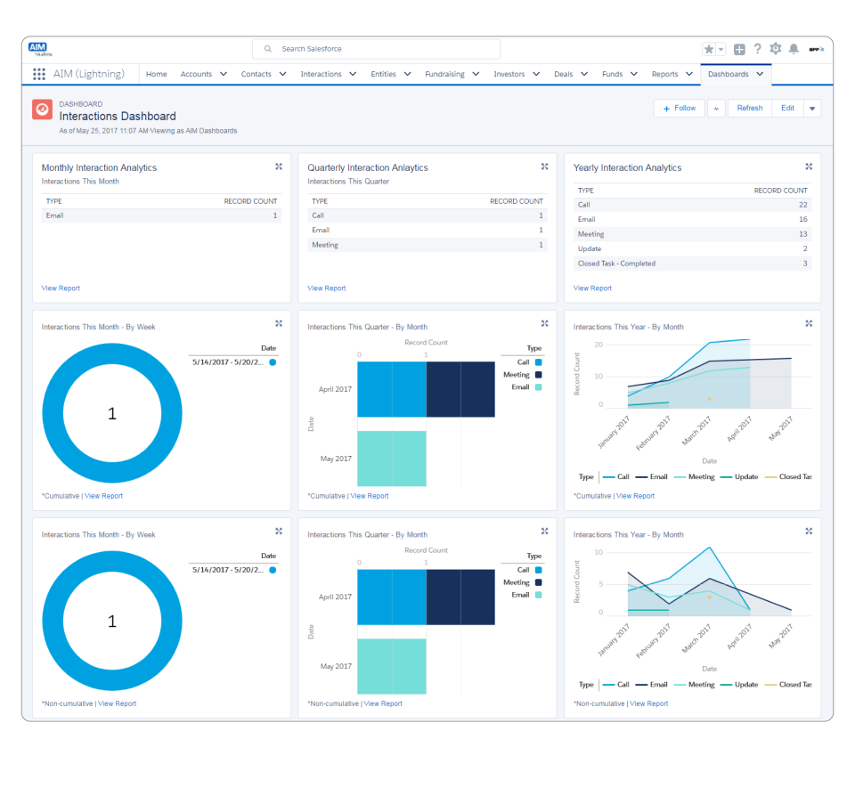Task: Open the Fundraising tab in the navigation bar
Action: pyautogui.click(x=444, y=74)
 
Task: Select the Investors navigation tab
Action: pyautogui.click(x=509, y=74)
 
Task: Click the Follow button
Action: pyautogui.click(x=680, y=108)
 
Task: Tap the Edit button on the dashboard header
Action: pyautogui.click(x=787, y=108)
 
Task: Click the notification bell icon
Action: pyautogui.click(x=794, y=49)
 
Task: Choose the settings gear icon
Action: pyautogui.click(x=775, y=49)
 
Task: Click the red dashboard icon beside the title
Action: pyautogui.click(x=42, y=109)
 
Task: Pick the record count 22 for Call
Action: pyautogui.click(x=802, y=205)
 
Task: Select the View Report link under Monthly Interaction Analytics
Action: pyautogui.click(x=61, y=288)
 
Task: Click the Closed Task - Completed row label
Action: pyautogui.click(x=616, y=264)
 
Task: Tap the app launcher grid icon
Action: pyautogui.click(x=39, y=74)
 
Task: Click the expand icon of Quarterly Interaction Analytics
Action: pyautogui.click(x=544, y=167)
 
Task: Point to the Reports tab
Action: pyautogui.click(x=664, y=74)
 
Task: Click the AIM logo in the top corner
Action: pyautogui.click(x=38, y=48)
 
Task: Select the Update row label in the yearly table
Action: pyautogui.click(x=590, y=248)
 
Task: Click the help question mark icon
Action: pyautogui.click(x=757, y=49)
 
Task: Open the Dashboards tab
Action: pyautogui.click(x=729, y=74)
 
